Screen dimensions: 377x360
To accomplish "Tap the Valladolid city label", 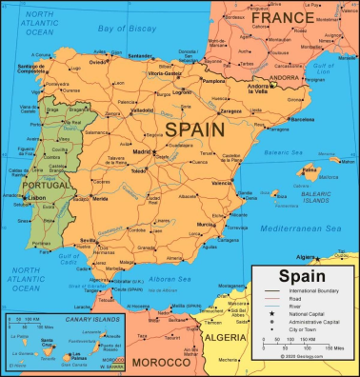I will [x=142, y=109].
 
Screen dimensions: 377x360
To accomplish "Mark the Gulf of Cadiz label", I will [x=68, y=260].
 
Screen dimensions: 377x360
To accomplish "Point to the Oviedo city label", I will [x=97, y=62].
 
